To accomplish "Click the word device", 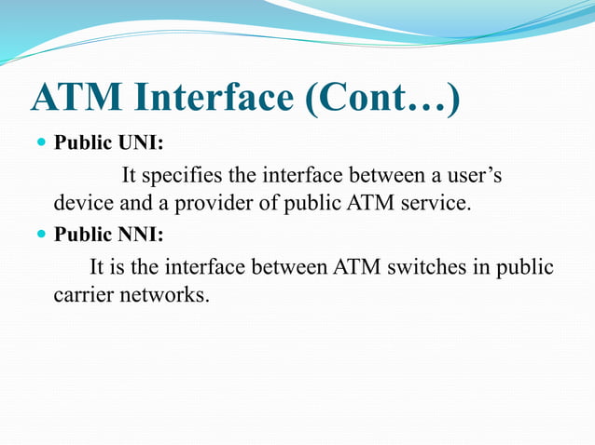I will click(79, 202).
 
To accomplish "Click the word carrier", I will click(81, 295).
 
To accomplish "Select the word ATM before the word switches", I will click(354, 267).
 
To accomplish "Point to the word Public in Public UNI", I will click(80, 145).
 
